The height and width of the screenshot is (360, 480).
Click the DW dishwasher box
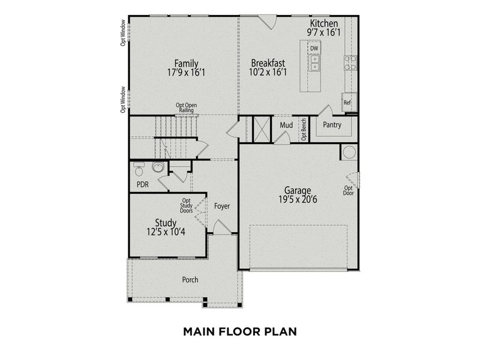click(314, 48)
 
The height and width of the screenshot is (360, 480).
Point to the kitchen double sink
click(314, 62)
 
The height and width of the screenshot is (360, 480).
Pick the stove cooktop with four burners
click(349, 62)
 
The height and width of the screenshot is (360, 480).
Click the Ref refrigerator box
click(347, 102)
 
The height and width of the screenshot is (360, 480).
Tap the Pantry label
click(332, 125)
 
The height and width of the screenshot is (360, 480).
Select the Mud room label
click(286, 125)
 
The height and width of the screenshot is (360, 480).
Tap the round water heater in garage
click(349, 152)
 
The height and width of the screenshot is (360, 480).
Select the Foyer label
click(222, 206)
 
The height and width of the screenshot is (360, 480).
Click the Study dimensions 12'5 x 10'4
click(166, 232)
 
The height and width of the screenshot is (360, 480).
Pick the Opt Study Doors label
click(187, 206)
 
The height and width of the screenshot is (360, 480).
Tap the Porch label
click(190, 280)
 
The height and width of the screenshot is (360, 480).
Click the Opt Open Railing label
click(187, 107)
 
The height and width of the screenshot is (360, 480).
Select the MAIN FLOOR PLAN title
click(239, 331)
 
